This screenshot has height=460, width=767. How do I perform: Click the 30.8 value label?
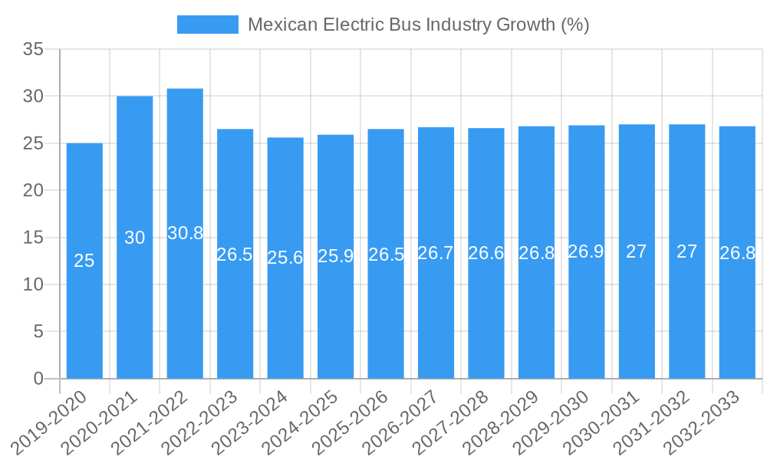[185, 233]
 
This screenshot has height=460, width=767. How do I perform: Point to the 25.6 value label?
[285, 258]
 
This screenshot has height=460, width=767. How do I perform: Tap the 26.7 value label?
[436, 253]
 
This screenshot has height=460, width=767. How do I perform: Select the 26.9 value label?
[586, 251]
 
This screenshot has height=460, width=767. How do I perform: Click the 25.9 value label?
[335, 256]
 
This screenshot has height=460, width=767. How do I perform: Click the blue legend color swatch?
[207, 25]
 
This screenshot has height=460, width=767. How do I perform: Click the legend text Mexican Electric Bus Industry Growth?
[418, 25]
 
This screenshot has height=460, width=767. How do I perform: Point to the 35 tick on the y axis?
[34, 49]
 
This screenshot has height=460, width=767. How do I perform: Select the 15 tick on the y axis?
[34, 238]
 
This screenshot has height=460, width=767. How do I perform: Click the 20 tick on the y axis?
[34, 190]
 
